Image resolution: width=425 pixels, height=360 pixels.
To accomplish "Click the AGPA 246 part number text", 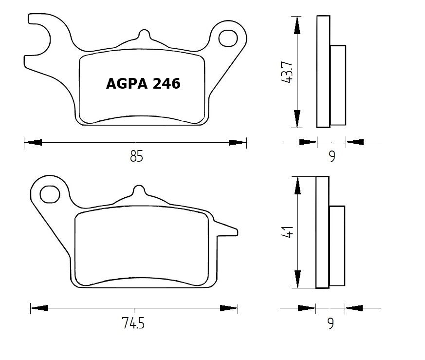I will [x=143, y=84].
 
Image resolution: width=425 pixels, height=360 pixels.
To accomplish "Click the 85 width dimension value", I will [x=137, y=157].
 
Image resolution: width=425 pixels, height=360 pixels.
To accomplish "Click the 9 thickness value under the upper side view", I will [x=332, y=157].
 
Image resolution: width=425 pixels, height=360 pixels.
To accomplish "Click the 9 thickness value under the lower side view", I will [x=331, y=323].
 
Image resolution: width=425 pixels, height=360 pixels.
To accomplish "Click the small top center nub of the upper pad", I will [x=143, y=35].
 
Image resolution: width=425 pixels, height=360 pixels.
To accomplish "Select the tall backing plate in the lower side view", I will [x=322, y=232].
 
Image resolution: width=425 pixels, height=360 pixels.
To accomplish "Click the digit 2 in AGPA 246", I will [x=157, y=84].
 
